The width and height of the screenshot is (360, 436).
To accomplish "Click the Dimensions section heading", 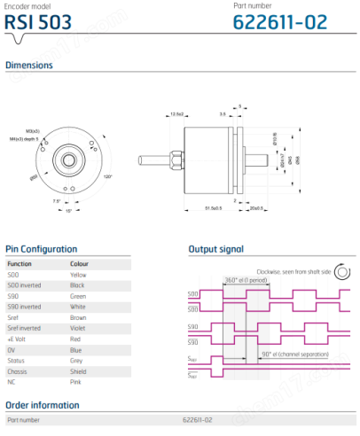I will [29, 65].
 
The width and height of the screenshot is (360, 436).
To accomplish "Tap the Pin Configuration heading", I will [41, 249].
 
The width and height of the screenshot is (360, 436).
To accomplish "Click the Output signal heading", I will [215, 249].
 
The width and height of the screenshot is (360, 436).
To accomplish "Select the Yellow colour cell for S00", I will [79, 276].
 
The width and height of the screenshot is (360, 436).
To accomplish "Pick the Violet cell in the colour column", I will [79, 326].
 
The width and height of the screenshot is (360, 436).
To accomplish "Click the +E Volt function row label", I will [18, 339].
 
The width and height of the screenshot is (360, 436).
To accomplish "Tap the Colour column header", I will [79, 263].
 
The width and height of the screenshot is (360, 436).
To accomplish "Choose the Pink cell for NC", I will [76, 380].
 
